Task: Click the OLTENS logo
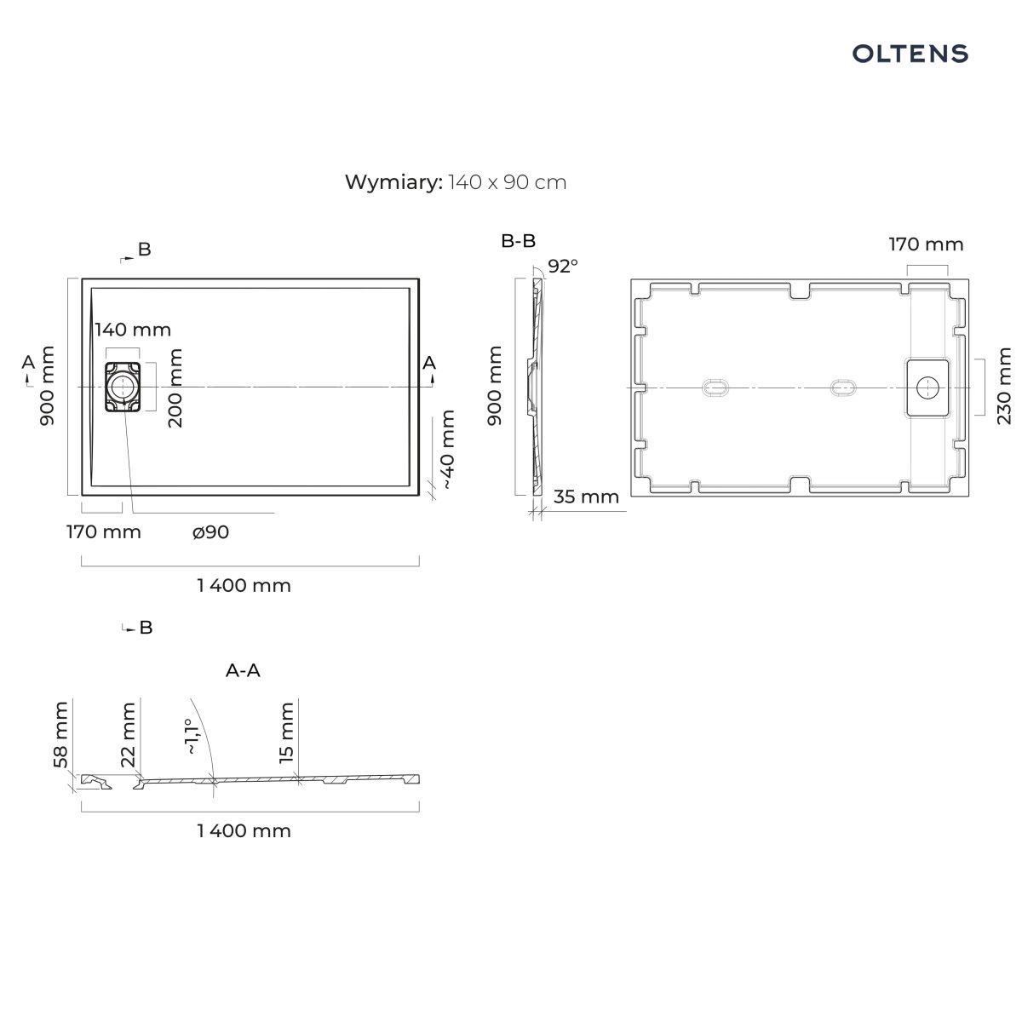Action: [910, 54]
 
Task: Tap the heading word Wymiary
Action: [393, 182]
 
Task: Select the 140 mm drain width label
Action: [133, 330]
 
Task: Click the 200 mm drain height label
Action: [175, 388]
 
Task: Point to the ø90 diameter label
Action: [210, 532]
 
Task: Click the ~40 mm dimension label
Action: [448, 449]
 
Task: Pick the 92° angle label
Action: [563, 267]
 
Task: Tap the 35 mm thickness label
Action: [586, 497]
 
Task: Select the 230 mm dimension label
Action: [1004, 386]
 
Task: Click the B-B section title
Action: [518, 241]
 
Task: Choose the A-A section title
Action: [243, 670]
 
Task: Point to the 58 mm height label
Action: [60, 734]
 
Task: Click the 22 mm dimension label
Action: [129, 734]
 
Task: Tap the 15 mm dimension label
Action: [286, 732]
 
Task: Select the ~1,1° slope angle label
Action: [192, 736]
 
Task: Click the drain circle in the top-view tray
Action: [123, 388]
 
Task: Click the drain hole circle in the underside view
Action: [927, 388]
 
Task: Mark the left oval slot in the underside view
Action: [715, 388]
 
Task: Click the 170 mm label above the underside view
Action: [926, 244]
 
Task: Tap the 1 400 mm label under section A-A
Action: [244, 830]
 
